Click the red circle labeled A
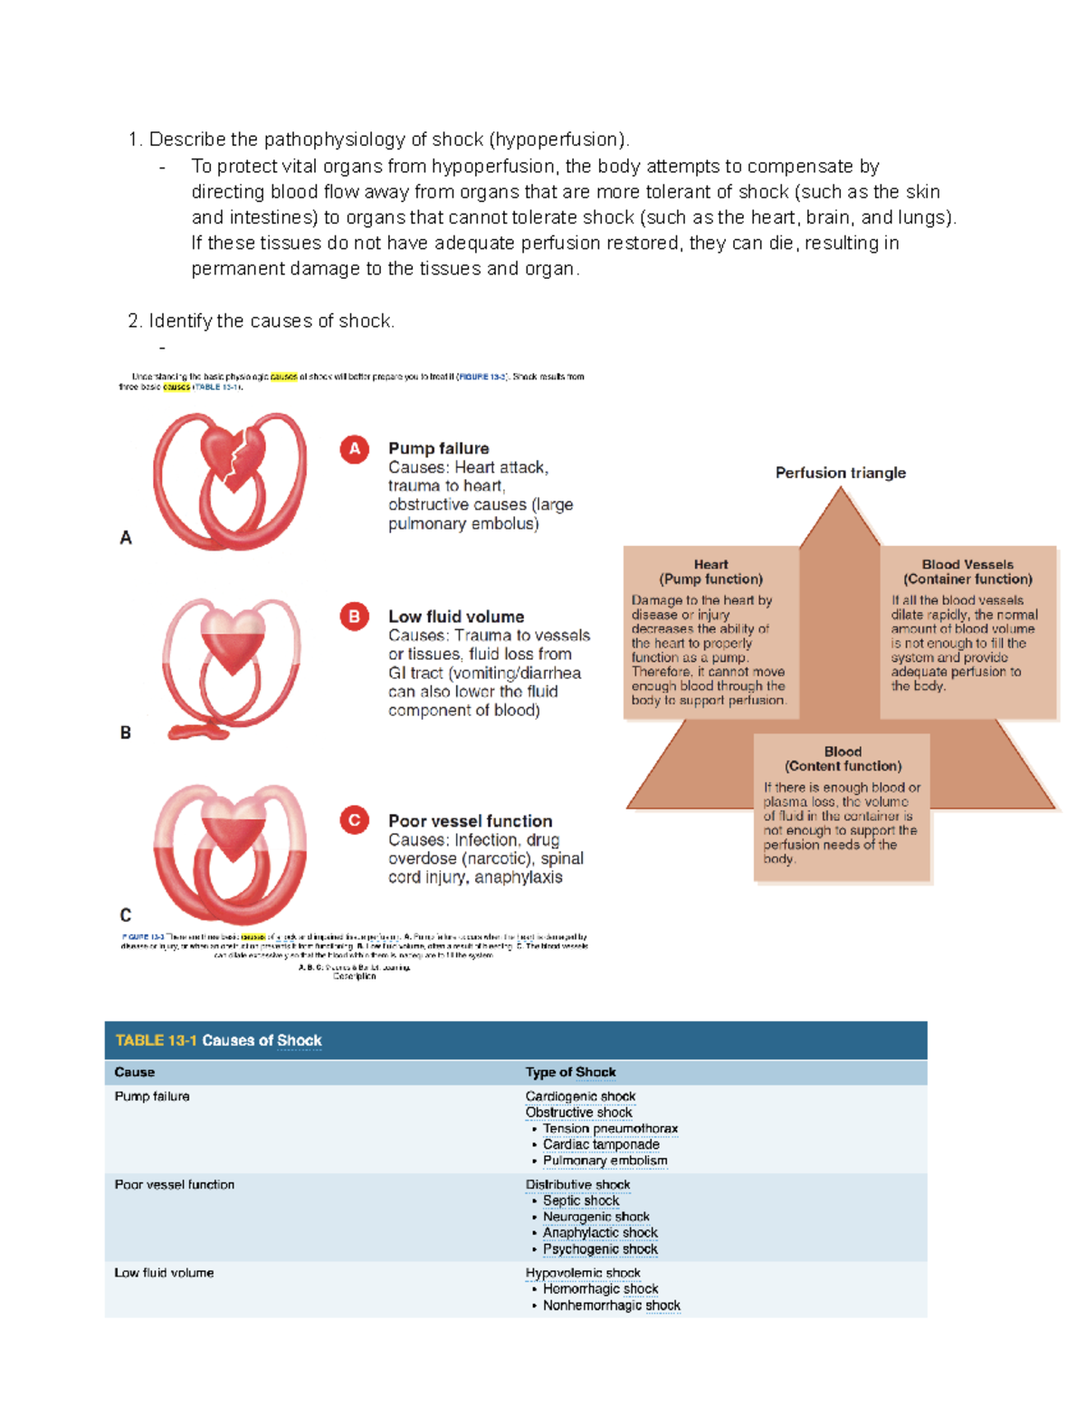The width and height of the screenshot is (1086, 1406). [x=354, y=449]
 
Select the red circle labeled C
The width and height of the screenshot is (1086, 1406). [x=354, y=820]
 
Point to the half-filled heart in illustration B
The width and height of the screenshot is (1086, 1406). [x=233, y=639]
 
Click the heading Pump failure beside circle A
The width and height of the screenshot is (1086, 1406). [x=438, y=448]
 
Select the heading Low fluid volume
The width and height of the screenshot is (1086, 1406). [x=456, y=617]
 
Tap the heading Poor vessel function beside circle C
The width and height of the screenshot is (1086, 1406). [x=470, y=821]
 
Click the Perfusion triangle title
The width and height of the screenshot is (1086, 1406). [x=840, y=473]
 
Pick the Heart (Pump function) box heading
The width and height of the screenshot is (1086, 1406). [x=710, y=571]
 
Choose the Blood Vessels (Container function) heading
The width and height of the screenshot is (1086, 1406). [x=967, y=571]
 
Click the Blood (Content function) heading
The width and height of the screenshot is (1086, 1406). [x=843, y=759]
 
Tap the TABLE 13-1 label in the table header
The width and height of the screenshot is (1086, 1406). [x=156, y=1040]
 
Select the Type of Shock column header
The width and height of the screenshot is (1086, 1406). [x=570, y=1072]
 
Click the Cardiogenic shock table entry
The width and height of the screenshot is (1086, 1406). [x=580, y=1096]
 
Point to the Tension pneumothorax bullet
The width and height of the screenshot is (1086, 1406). [x=610, y=1129]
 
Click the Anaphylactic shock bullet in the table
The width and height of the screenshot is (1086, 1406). [x=600, y=1233]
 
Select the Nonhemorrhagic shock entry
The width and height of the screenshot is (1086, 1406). [x=611, y=1306]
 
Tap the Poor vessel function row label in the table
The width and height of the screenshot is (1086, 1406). [x=175, y=1184]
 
